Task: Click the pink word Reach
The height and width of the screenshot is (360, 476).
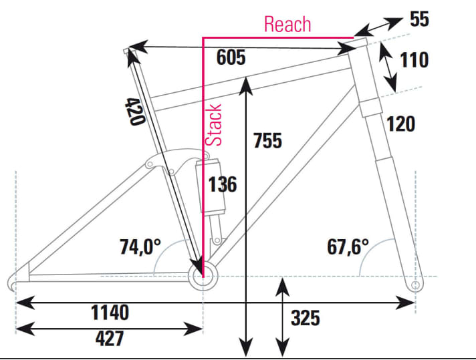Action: point(287,25)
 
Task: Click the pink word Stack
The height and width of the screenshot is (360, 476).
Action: point(214,125)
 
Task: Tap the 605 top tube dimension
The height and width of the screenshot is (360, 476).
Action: point(231,58)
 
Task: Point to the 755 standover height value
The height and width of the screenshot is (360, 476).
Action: point(267,141)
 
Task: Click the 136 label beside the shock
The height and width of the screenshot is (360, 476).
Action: point(223,184)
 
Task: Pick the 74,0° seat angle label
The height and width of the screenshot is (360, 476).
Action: point(140,247)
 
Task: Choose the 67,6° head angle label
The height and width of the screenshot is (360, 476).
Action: point(348,247)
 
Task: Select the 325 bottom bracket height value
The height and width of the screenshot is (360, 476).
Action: point(305,318)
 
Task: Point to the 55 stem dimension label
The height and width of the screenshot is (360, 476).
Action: point(419,19)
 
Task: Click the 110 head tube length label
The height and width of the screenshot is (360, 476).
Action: point(414,61)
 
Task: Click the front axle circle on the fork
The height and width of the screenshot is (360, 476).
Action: point(415,285)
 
